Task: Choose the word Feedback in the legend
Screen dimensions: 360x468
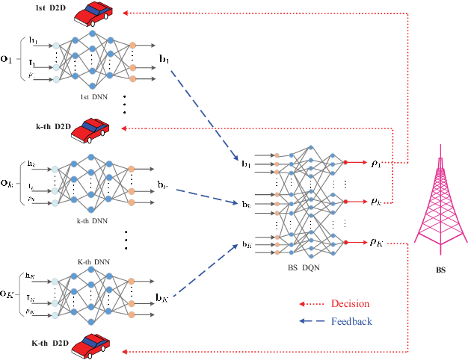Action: coord(351,321)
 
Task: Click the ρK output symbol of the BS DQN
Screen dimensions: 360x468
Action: coord(376,241)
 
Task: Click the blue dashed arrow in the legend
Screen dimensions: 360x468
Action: coord(313,322)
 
